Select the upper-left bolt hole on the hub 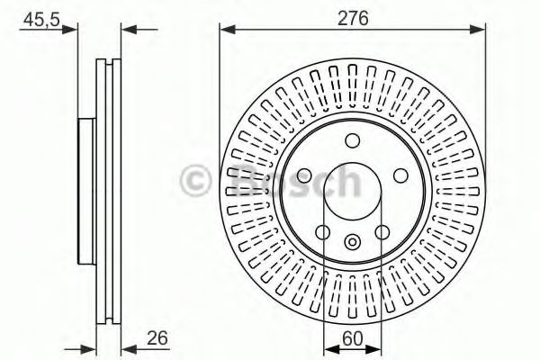pos(305,175)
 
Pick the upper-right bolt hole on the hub pos(399,175)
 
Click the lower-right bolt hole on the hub pos(382,231)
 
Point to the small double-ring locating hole pos(352,240)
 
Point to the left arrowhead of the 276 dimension pos(226,30)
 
